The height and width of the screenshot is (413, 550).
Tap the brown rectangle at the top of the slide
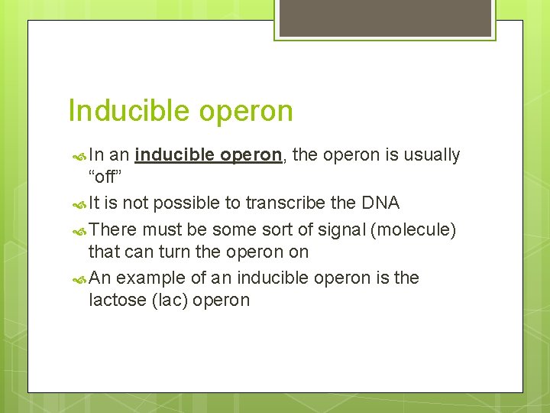pyautogui.click(x=385, y=18)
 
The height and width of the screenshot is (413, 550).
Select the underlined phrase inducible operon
pyautogui.click(x=208, y=155)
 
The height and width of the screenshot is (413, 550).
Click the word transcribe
pyautogui.click(x=282, y=203)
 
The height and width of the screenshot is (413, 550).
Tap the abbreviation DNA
pyautogui.click(x=380, y=203)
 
